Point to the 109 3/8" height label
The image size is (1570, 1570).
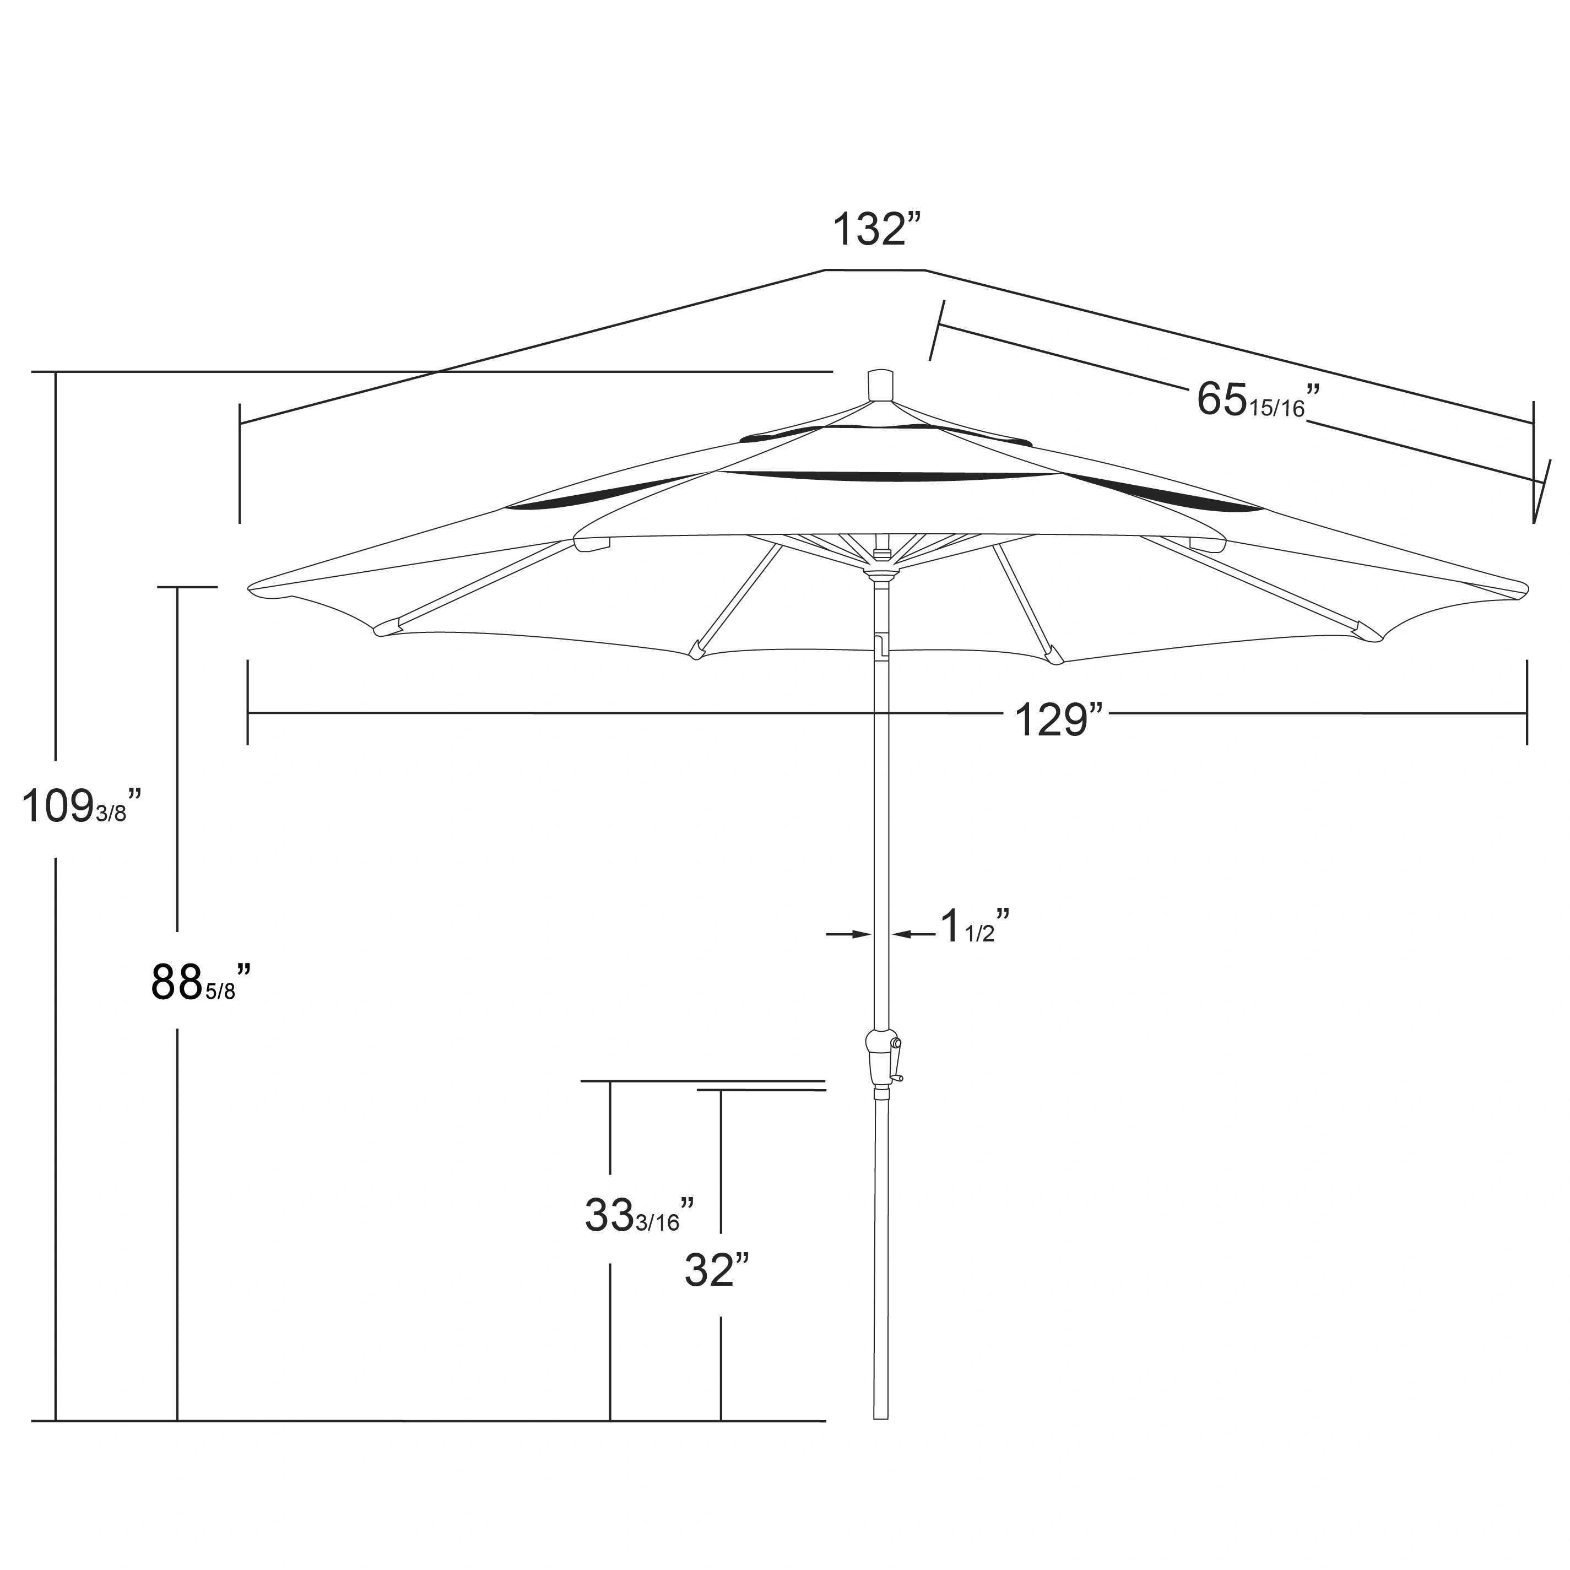pos(82,808)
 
